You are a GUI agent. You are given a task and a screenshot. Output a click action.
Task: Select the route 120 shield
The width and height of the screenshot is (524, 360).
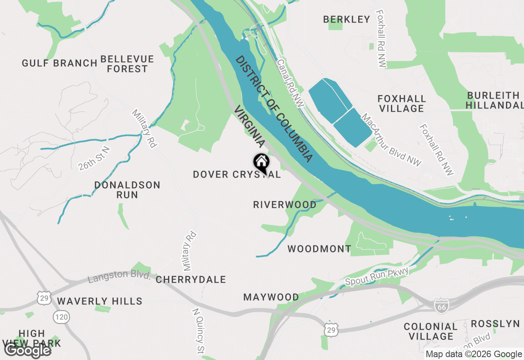(61, 316)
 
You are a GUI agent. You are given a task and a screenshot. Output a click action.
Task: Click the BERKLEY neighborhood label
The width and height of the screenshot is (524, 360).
(346, 19)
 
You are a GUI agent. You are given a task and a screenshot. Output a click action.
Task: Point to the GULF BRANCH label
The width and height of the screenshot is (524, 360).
(59, 63)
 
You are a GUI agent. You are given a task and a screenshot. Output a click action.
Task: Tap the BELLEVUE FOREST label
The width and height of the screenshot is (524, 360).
(127, 64)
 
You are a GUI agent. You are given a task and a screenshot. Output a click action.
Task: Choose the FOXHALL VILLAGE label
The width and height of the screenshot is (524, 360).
(402, 103)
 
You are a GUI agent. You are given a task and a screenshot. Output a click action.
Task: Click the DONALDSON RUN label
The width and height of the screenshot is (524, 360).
(127, 190)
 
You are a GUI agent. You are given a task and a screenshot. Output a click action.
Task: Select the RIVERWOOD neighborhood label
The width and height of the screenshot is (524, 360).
(285, 205)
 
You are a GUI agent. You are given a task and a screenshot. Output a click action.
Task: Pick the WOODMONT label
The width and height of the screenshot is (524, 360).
(319, 249)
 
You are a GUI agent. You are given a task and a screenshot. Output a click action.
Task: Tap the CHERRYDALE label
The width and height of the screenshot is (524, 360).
(191, 280)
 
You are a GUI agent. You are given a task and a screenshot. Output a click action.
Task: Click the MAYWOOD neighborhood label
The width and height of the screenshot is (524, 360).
(271, 297)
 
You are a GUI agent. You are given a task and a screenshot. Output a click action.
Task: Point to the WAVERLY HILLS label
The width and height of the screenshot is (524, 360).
(99, 301)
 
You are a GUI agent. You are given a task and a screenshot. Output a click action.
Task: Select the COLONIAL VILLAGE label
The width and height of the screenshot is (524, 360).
(431, 331)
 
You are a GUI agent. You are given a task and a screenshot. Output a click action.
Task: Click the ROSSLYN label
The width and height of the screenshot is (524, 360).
(495, 324)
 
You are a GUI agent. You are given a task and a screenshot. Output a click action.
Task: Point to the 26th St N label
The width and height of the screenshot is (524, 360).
(95, 158)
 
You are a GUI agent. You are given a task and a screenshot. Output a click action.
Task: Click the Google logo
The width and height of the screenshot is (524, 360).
(27, 350)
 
